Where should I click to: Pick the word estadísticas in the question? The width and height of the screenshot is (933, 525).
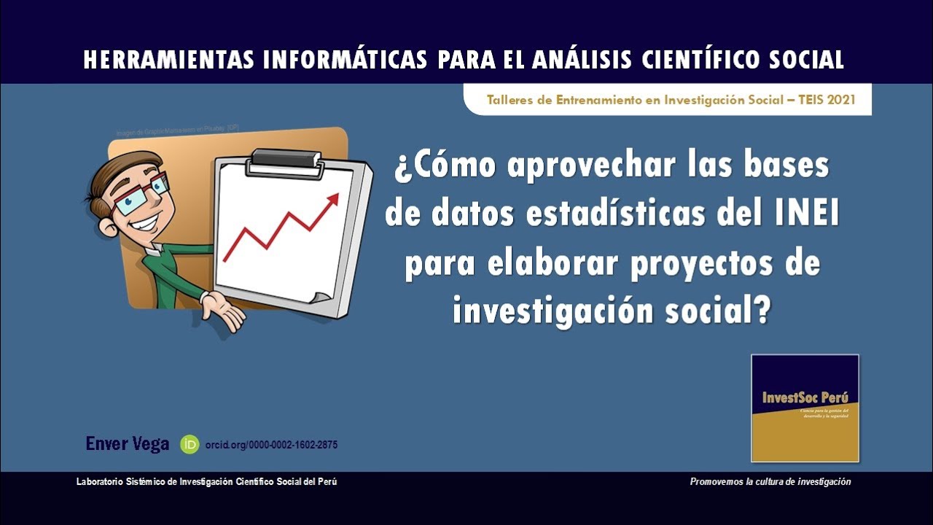click(x=616, y=214)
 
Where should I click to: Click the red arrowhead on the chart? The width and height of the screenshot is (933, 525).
click(x=333, y=199)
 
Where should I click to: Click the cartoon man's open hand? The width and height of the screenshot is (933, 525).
click(x=224, y=309)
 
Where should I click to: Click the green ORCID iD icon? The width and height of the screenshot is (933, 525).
click(x=190, y=444)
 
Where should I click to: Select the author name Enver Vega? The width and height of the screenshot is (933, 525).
click(x=128, y=443)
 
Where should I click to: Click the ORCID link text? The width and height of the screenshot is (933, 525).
click(x=271, y=445)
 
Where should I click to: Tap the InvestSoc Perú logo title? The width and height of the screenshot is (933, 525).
click(x=805, y=398)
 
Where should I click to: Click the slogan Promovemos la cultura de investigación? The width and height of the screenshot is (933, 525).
click(x=770, y=482)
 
